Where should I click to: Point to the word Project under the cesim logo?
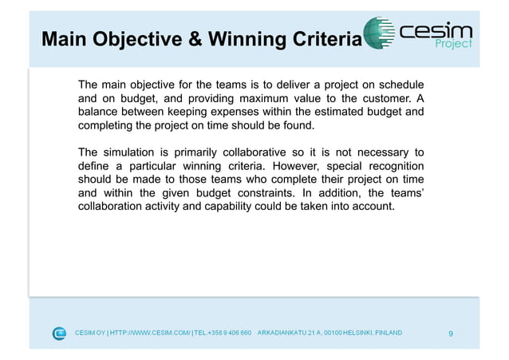453,45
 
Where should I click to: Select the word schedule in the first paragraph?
397,85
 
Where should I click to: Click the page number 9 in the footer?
451,333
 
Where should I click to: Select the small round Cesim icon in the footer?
60,333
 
